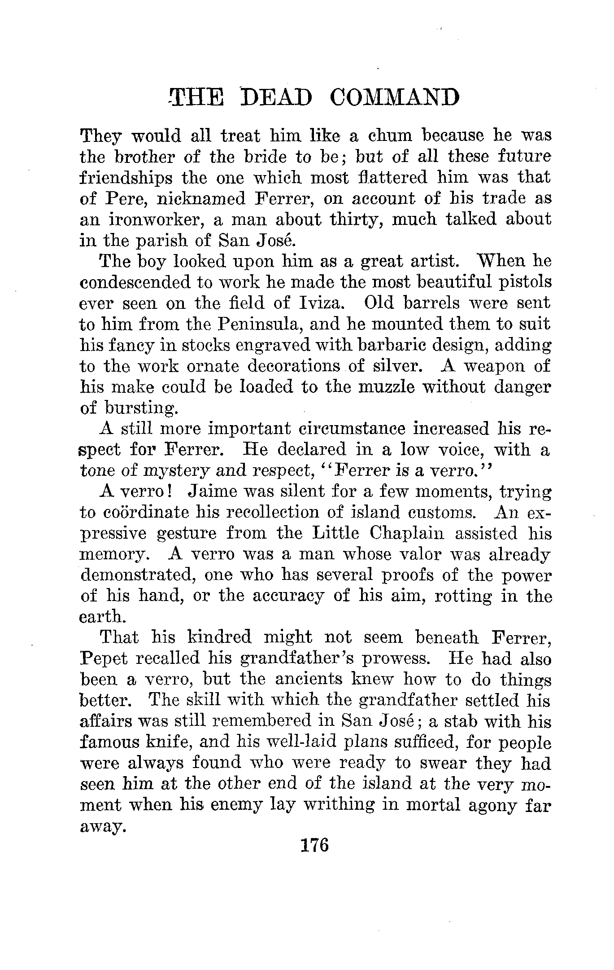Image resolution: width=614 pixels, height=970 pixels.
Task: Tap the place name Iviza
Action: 321,303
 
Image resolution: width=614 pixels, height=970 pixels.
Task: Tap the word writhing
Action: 339,805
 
